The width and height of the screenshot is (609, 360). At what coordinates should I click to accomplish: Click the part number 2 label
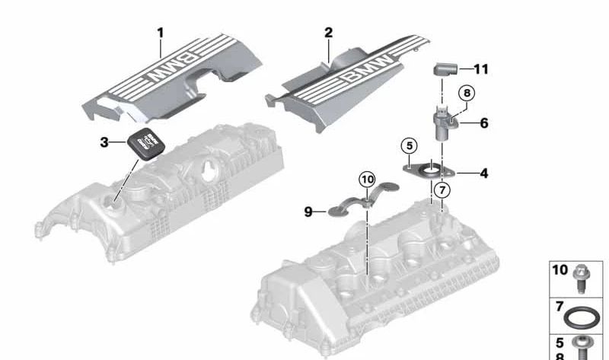coord(329,33)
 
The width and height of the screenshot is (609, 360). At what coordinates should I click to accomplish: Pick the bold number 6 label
coord(484,122)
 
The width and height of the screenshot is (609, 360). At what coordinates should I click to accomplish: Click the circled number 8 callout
coord(467,92)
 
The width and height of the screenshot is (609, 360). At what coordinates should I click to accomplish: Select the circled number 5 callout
coord(409,144)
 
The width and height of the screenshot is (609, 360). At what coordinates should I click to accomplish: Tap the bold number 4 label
coord(484,173)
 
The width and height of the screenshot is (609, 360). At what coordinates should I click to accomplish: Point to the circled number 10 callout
coord(368,180)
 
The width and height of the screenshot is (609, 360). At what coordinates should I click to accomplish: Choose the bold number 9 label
coord(309,212)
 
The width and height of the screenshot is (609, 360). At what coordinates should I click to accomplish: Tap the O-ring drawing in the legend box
coord(588,314)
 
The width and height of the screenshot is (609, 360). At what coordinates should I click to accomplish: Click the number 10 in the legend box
coord(560,270)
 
